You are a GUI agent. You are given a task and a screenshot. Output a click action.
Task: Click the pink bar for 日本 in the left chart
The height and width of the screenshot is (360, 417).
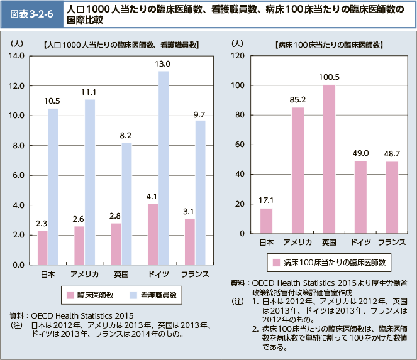pos(43,248)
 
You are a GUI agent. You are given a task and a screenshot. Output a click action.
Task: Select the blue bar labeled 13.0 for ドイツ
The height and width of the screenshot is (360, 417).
pos(164,168)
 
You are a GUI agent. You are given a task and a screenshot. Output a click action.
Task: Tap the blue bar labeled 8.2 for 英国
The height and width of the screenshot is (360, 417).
pos(126,204)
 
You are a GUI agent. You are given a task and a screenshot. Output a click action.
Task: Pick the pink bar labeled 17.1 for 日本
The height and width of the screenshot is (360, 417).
pos(266,221)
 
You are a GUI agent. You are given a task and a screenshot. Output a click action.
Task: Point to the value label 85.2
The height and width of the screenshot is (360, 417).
pos(297,99)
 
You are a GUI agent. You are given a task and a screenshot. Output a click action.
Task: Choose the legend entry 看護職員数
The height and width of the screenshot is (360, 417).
pos(152,293)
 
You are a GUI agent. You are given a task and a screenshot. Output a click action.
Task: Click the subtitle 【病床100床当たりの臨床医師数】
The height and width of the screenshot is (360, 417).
pos(321,45)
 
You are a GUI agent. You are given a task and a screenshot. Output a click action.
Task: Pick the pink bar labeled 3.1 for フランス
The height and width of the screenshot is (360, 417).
pos(190,242)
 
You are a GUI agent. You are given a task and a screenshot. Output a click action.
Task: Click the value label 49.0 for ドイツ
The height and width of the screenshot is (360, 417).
pos(360,153)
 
